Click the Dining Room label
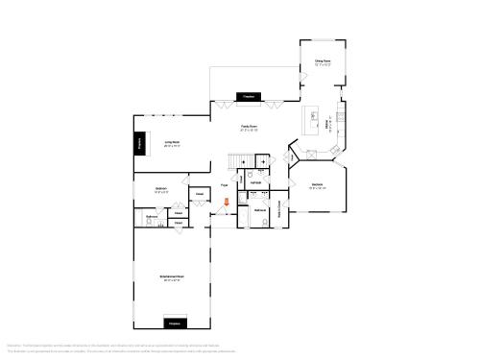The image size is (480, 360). [x=323, y=61]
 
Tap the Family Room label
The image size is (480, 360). [x=249, y=126]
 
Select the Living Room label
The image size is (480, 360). [x=173, y=142]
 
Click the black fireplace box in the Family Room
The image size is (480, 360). [x=249, y=97]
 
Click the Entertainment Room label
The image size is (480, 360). [x=173, y=276]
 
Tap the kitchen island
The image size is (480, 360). [x=314, y=121]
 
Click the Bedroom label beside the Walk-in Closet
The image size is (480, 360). [x=318, y=184]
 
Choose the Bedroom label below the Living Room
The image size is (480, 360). [x=162, y=189]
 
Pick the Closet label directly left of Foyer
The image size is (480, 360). [x=200, y=194]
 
